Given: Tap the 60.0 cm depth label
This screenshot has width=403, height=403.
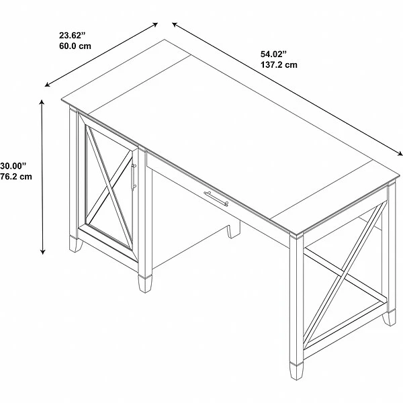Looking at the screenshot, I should (x=75, y=46).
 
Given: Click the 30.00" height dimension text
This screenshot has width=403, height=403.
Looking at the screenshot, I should (x=15, y=165).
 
